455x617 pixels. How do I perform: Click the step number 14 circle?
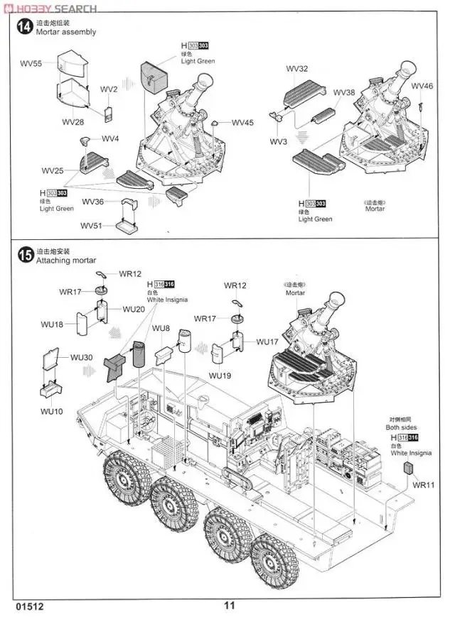pyautogui.click(x=24, y=27)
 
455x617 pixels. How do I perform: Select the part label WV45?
pyautogui.click(x=242, y=122)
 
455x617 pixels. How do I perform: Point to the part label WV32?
pyautogui.click(x=297, y=69)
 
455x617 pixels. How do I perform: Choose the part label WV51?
pyautogui.click(x=92, y=226)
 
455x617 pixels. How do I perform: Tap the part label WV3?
pyautogui.click(x=279, y=142)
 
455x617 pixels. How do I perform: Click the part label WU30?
pyautogui.click(x=82, y=357)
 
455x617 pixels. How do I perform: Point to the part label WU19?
pyautogui.click(x=220, y=375)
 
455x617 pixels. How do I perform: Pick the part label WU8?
pyautogui.click(x=161, y=328)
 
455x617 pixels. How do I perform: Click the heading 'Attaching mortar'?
pyautogui.click(x=65, y=261)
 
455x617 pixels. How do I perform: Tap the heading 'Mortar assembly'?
pyautogui.click(x=65, y=32)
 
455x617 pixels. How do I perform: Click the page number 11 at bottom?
pyautogui.click(x=229, y=606)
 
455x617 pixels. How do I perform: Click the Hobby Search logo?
pyautogui.click(x=49, y=8)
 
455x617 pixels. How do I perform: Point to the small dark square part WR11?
pyautogui.click(x=408, y=467)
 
